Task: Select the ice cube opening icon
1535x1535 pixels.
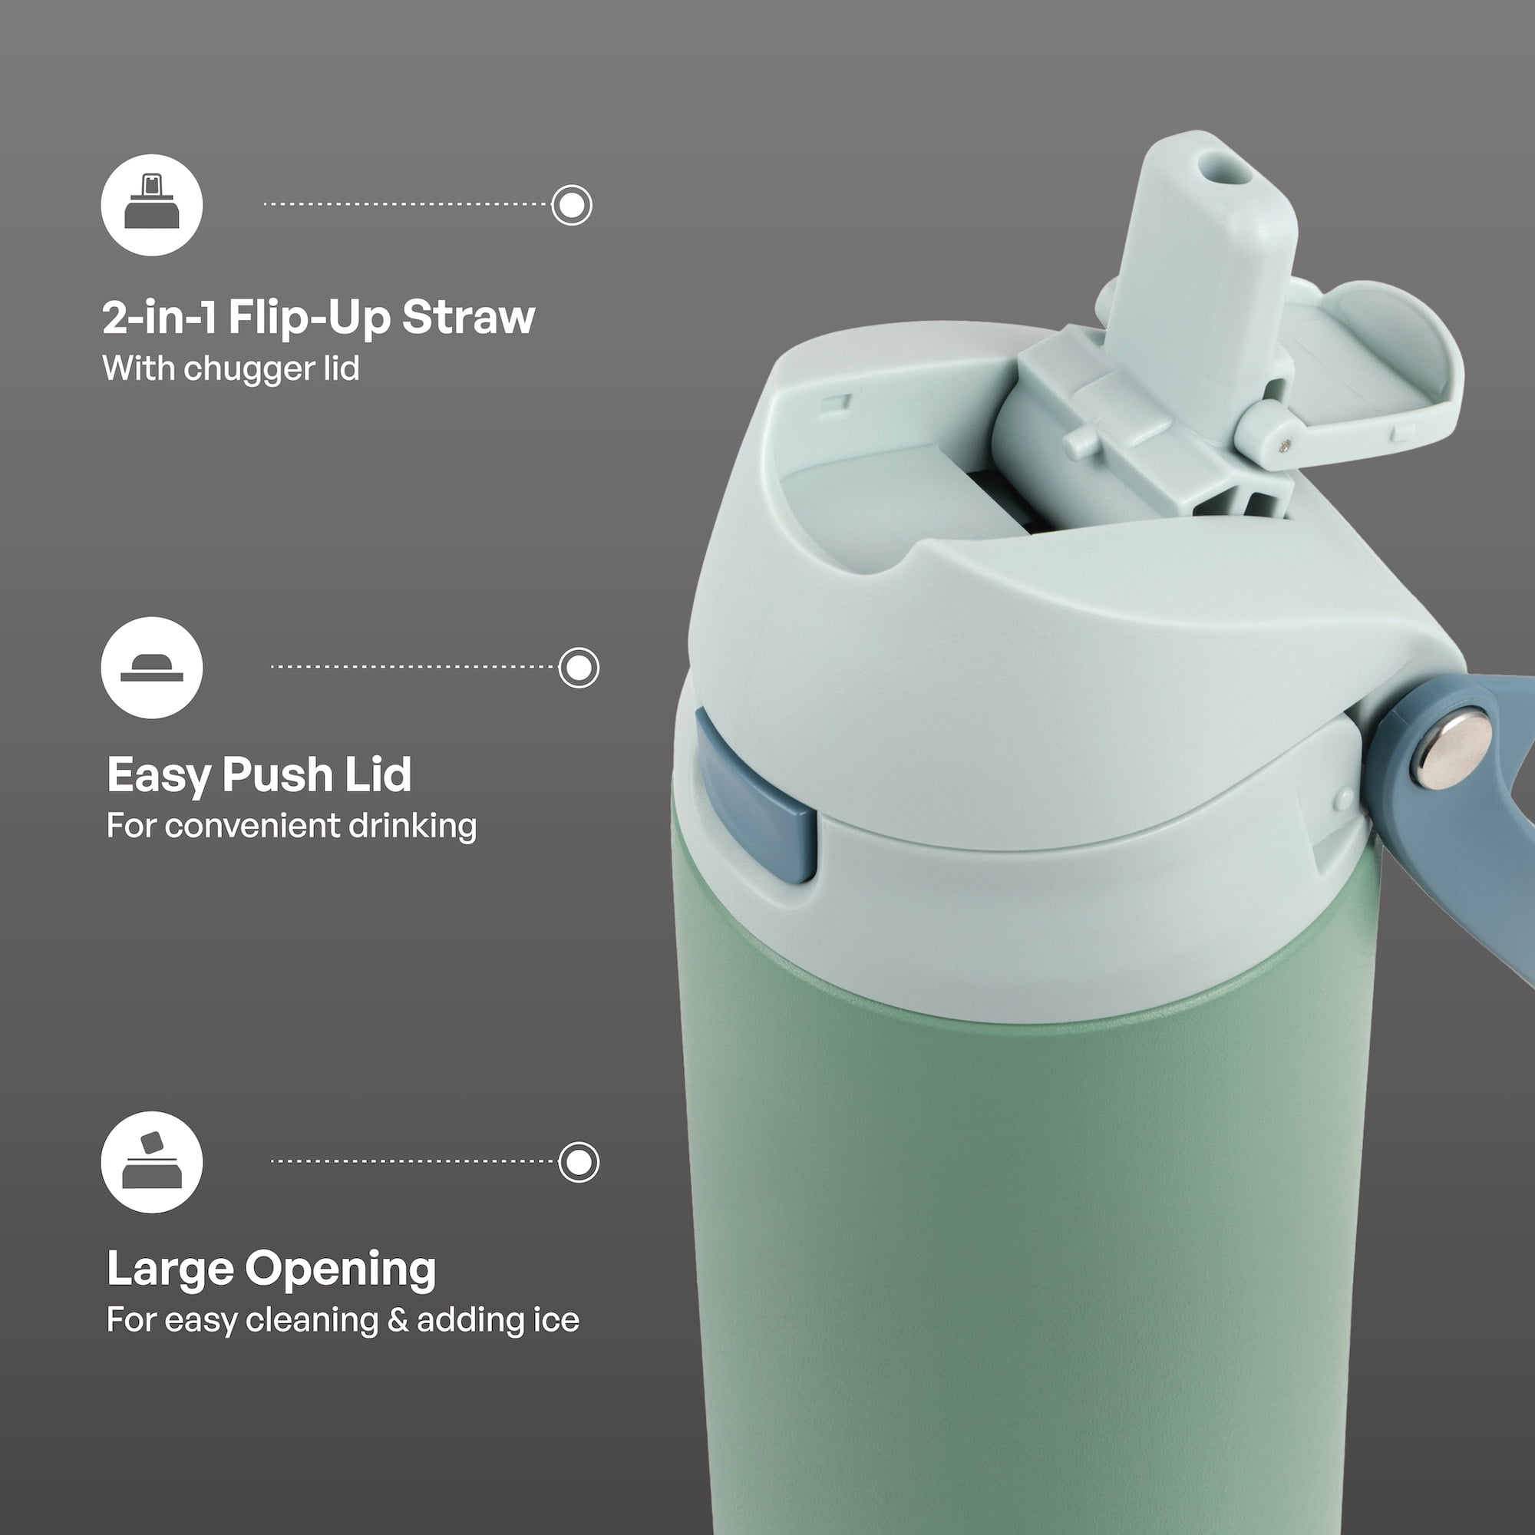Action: click(x=152, y=1161)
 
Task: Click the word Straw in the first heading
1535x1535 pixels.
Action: click(x=469, y=317)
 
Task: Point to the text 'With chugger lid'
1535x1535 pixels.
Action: click(x=231, y=368)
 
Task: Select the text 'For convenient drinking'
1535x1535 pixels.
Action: click(x=292, y=826)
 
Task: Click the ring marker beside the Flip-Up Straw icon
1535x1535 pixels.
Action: click(x=572, y=205)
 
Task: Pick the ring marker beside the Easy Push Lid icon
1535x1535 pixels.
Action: click(x=579, y=668)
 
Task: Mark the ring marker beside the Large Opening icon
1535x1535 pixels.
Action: click(x=579, y=1162)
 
